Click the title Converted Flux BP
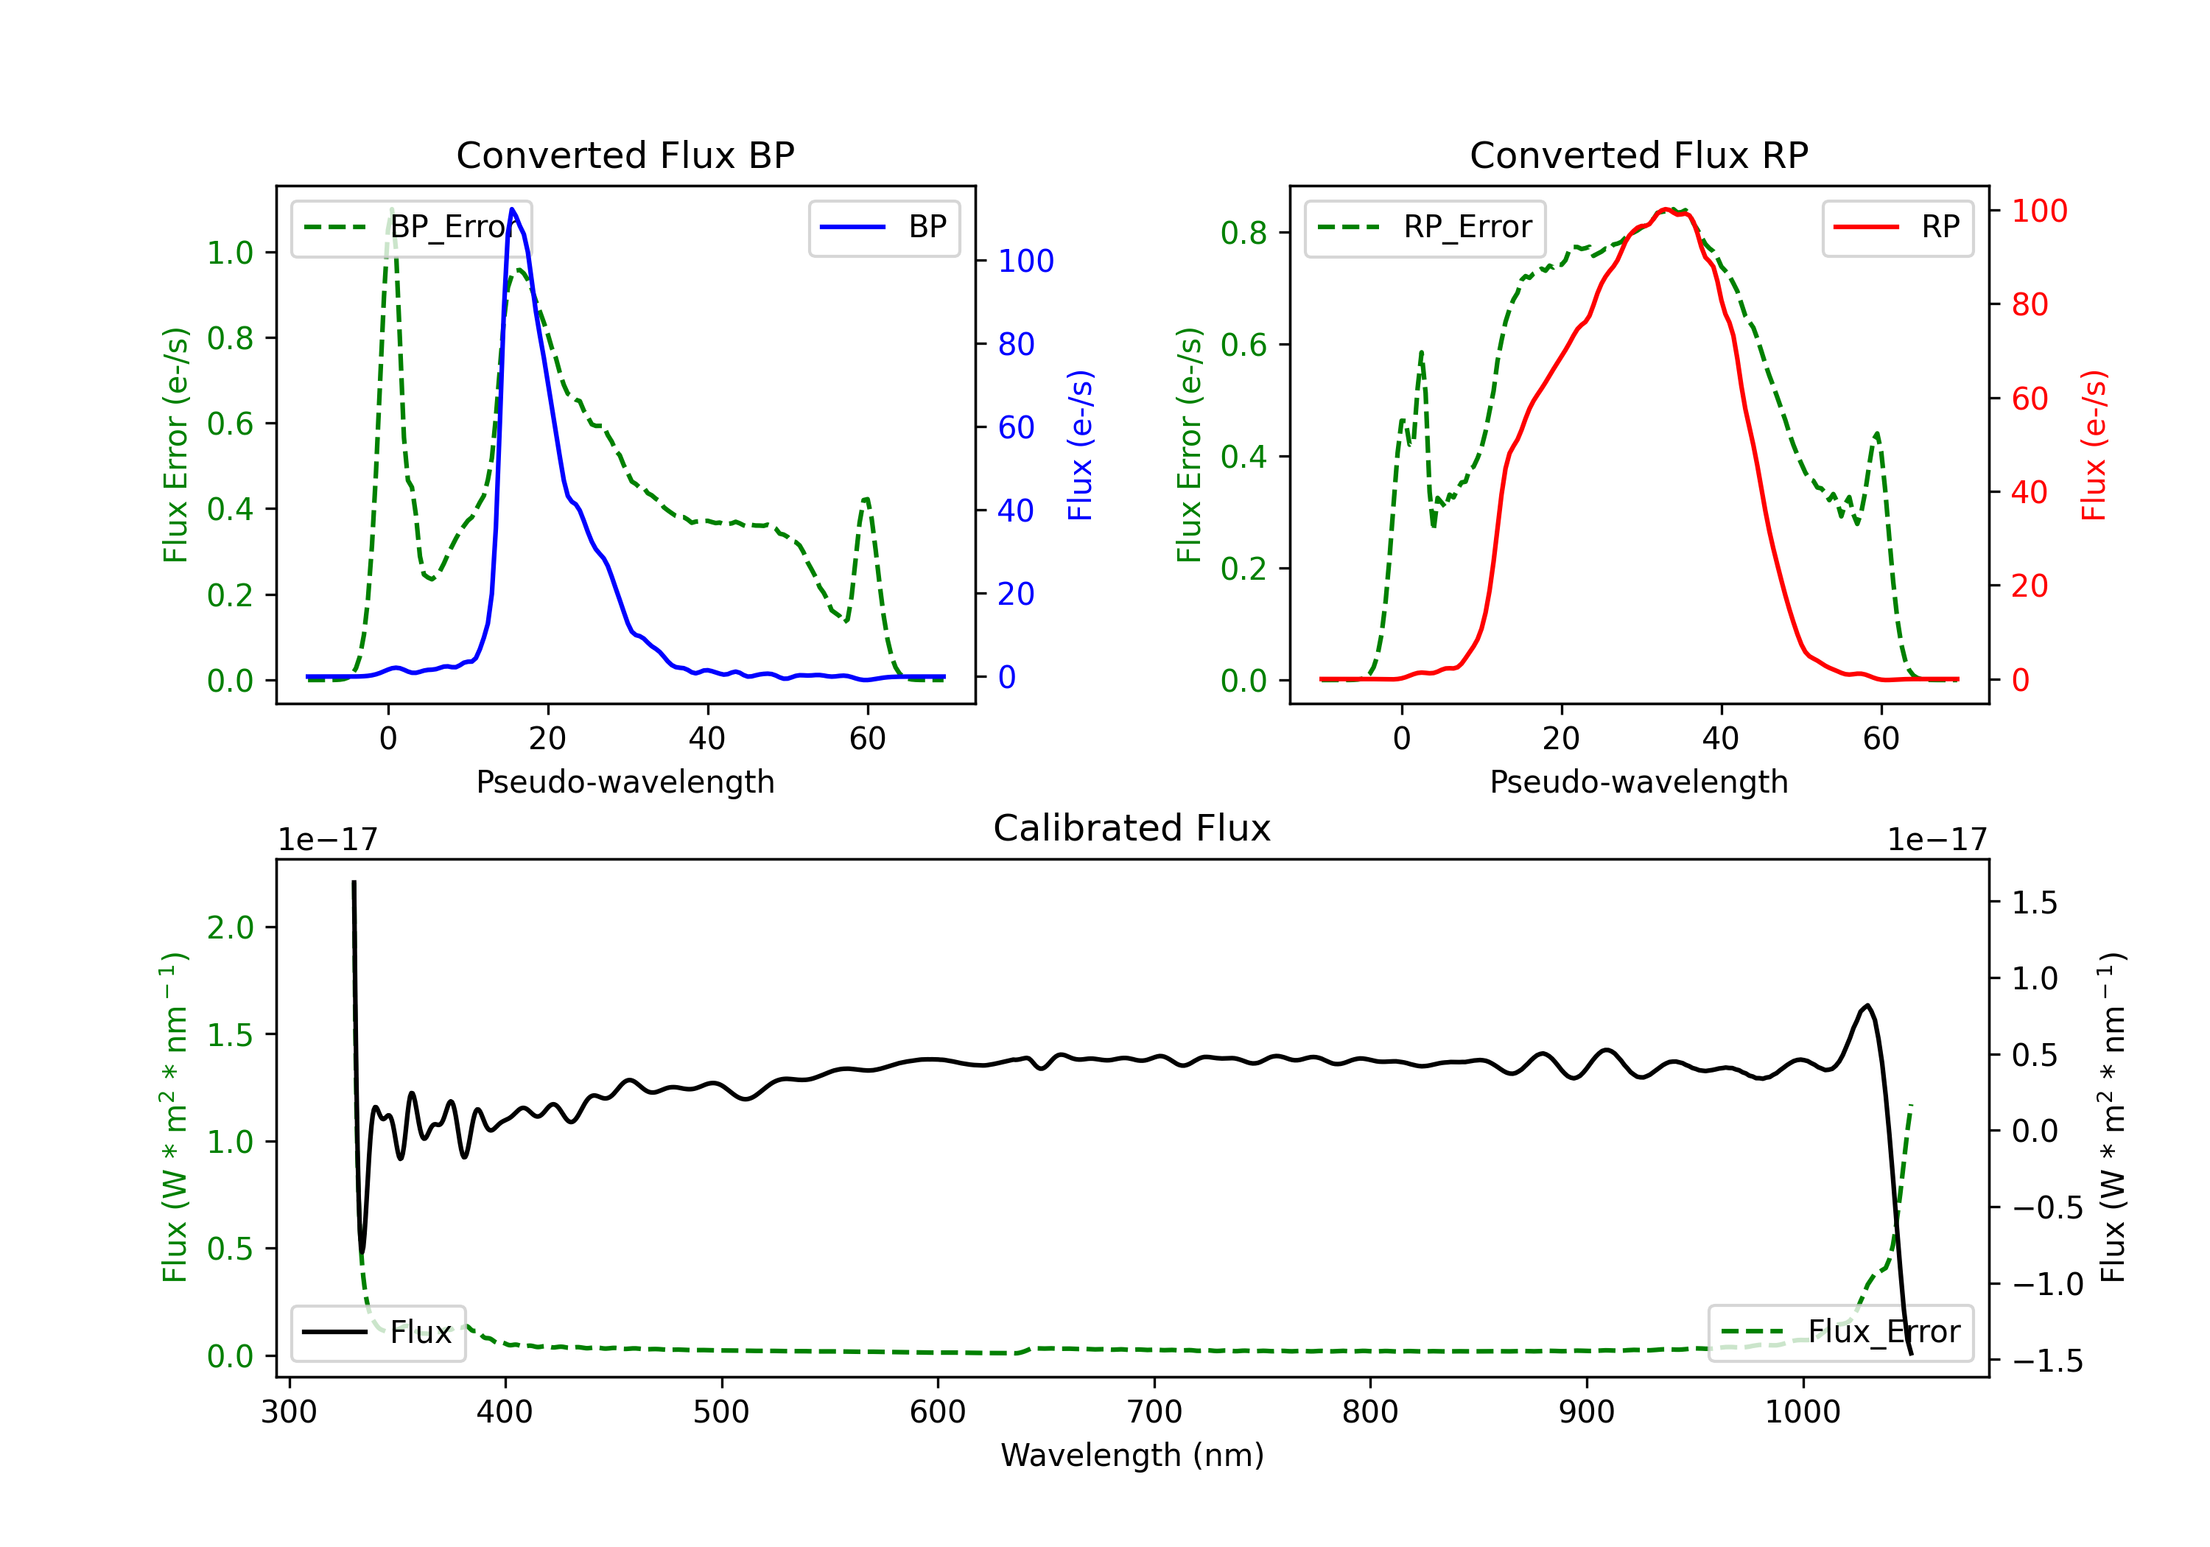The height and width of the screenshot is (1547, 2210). coord(625,155)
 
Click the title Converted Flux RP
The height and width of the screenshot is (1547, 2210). coord(1638,155)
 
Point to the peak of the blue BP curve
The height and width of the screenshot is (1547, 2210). coord(512,209)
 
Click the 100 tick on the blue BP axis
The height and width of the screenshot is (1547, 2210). coord(1025,261)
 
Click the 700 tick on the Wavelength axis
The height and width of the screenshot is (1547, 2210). coord(1154,1412)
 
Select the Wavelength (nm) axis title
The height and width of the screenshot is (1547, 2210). coord(1132,1455)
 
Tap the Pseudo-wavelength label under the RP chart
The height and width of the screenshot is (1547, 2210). coord(1638,782)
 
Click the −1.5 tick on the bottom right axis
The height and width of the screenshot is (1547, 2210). coord(2046,1361)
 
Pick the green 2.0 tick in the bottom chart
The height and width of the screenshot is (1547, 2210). coord(230,928)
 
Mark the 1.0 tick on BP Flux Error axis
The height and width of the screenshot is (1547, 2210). coord(230,253)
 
